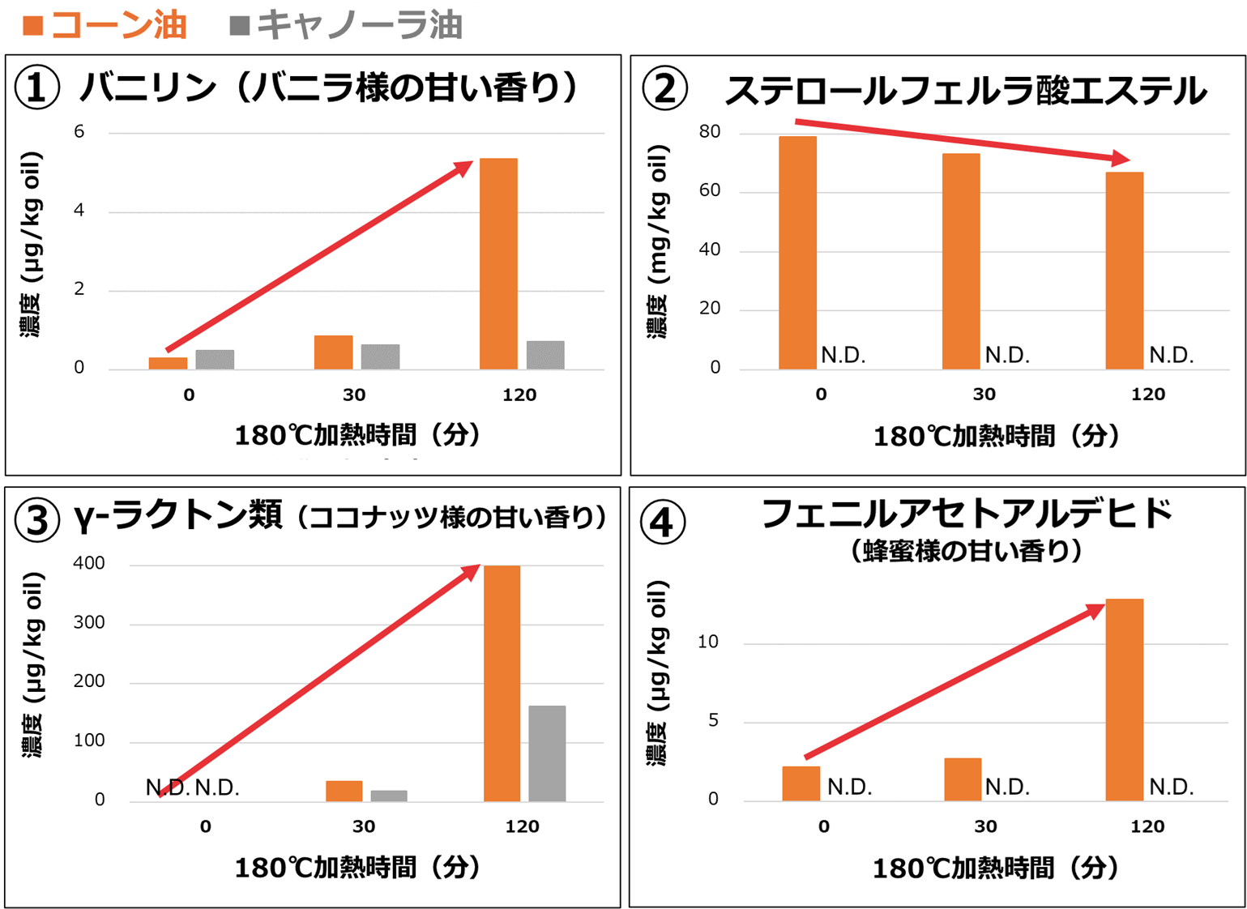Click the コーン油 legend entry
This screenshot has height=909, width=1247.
point(105,24)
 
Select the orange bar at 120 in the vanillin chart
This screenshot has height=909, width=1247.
point(498,263)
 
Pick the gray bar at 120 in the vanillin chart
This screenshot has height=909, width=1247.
point(545,355)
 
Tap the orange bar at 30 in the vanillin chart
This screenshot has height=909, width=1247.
point(333,352)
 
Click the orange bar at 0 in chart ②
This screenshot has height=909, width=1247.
point(797,253)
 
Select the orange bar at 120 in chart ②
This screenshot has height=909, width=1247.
point(1125,271)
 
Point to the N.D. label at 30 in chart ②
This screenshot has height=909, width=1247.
point(1007,355)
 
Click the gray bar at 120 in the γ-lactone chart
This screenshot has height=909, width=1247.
point(547,753)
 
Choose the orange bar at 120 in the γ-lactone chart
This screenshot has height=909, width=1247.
point(502,683)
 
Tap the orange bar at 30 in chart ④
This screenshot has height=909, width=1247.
point(963,779)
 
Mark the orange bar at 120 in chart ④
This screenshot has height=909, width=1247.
point(1125,699)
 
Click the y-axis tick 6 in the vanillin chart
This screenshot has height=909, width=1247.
point(79,132)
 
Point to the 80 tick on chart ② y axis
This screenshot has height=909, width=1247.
point(709,132)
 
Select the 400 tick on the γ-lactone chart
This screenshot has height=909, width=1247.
point(89,564)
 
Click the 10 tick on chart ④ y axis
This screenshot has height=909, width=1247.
point(707,642)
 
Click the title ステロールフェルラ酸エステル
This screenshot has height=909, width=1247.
point(965,90)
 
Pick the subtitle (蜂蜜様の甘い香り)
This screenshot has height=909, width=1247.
point(966,551)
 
